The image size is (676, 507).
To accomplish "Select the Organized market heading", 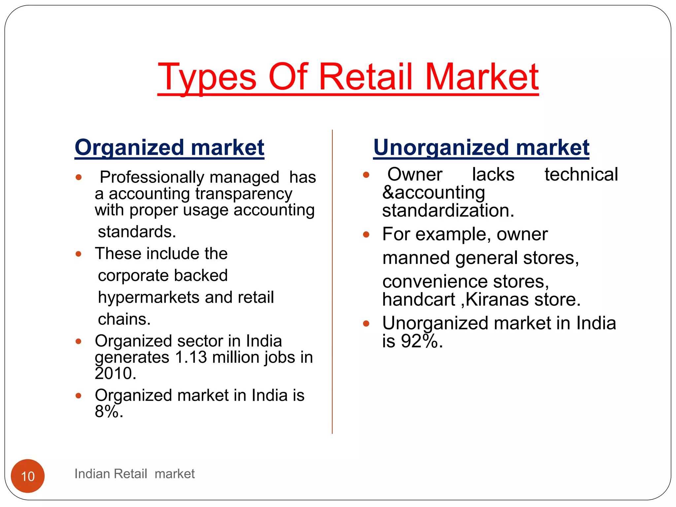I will tap(169, 147).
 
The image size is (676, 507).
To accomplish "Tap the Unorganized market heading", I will tap(481, 147).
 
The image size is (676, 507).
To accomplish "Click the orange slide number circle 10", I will tap(28, 476).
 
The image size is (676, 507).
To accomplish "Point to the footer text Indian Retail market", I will tap(134, 474).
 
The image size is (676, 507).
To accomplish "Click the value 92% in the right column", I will tap(419, 341).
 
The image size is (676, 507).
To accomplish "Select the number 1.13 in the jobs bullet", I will tap(191, 357).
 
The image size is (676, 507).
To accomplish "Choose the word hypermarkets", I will tap(149, 297).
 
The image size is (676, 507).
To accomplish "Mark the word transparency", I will tap(244, 194).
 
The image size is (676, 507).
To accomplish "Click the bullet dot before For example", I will tap(366, 235).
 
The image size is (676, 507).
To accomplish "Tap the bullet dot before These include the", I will tap(78, 254).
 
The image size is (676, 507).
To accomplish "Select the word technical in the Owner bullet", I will tap(581, 175).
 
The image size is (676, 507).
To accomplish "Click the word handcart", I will tap(419, 300).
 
